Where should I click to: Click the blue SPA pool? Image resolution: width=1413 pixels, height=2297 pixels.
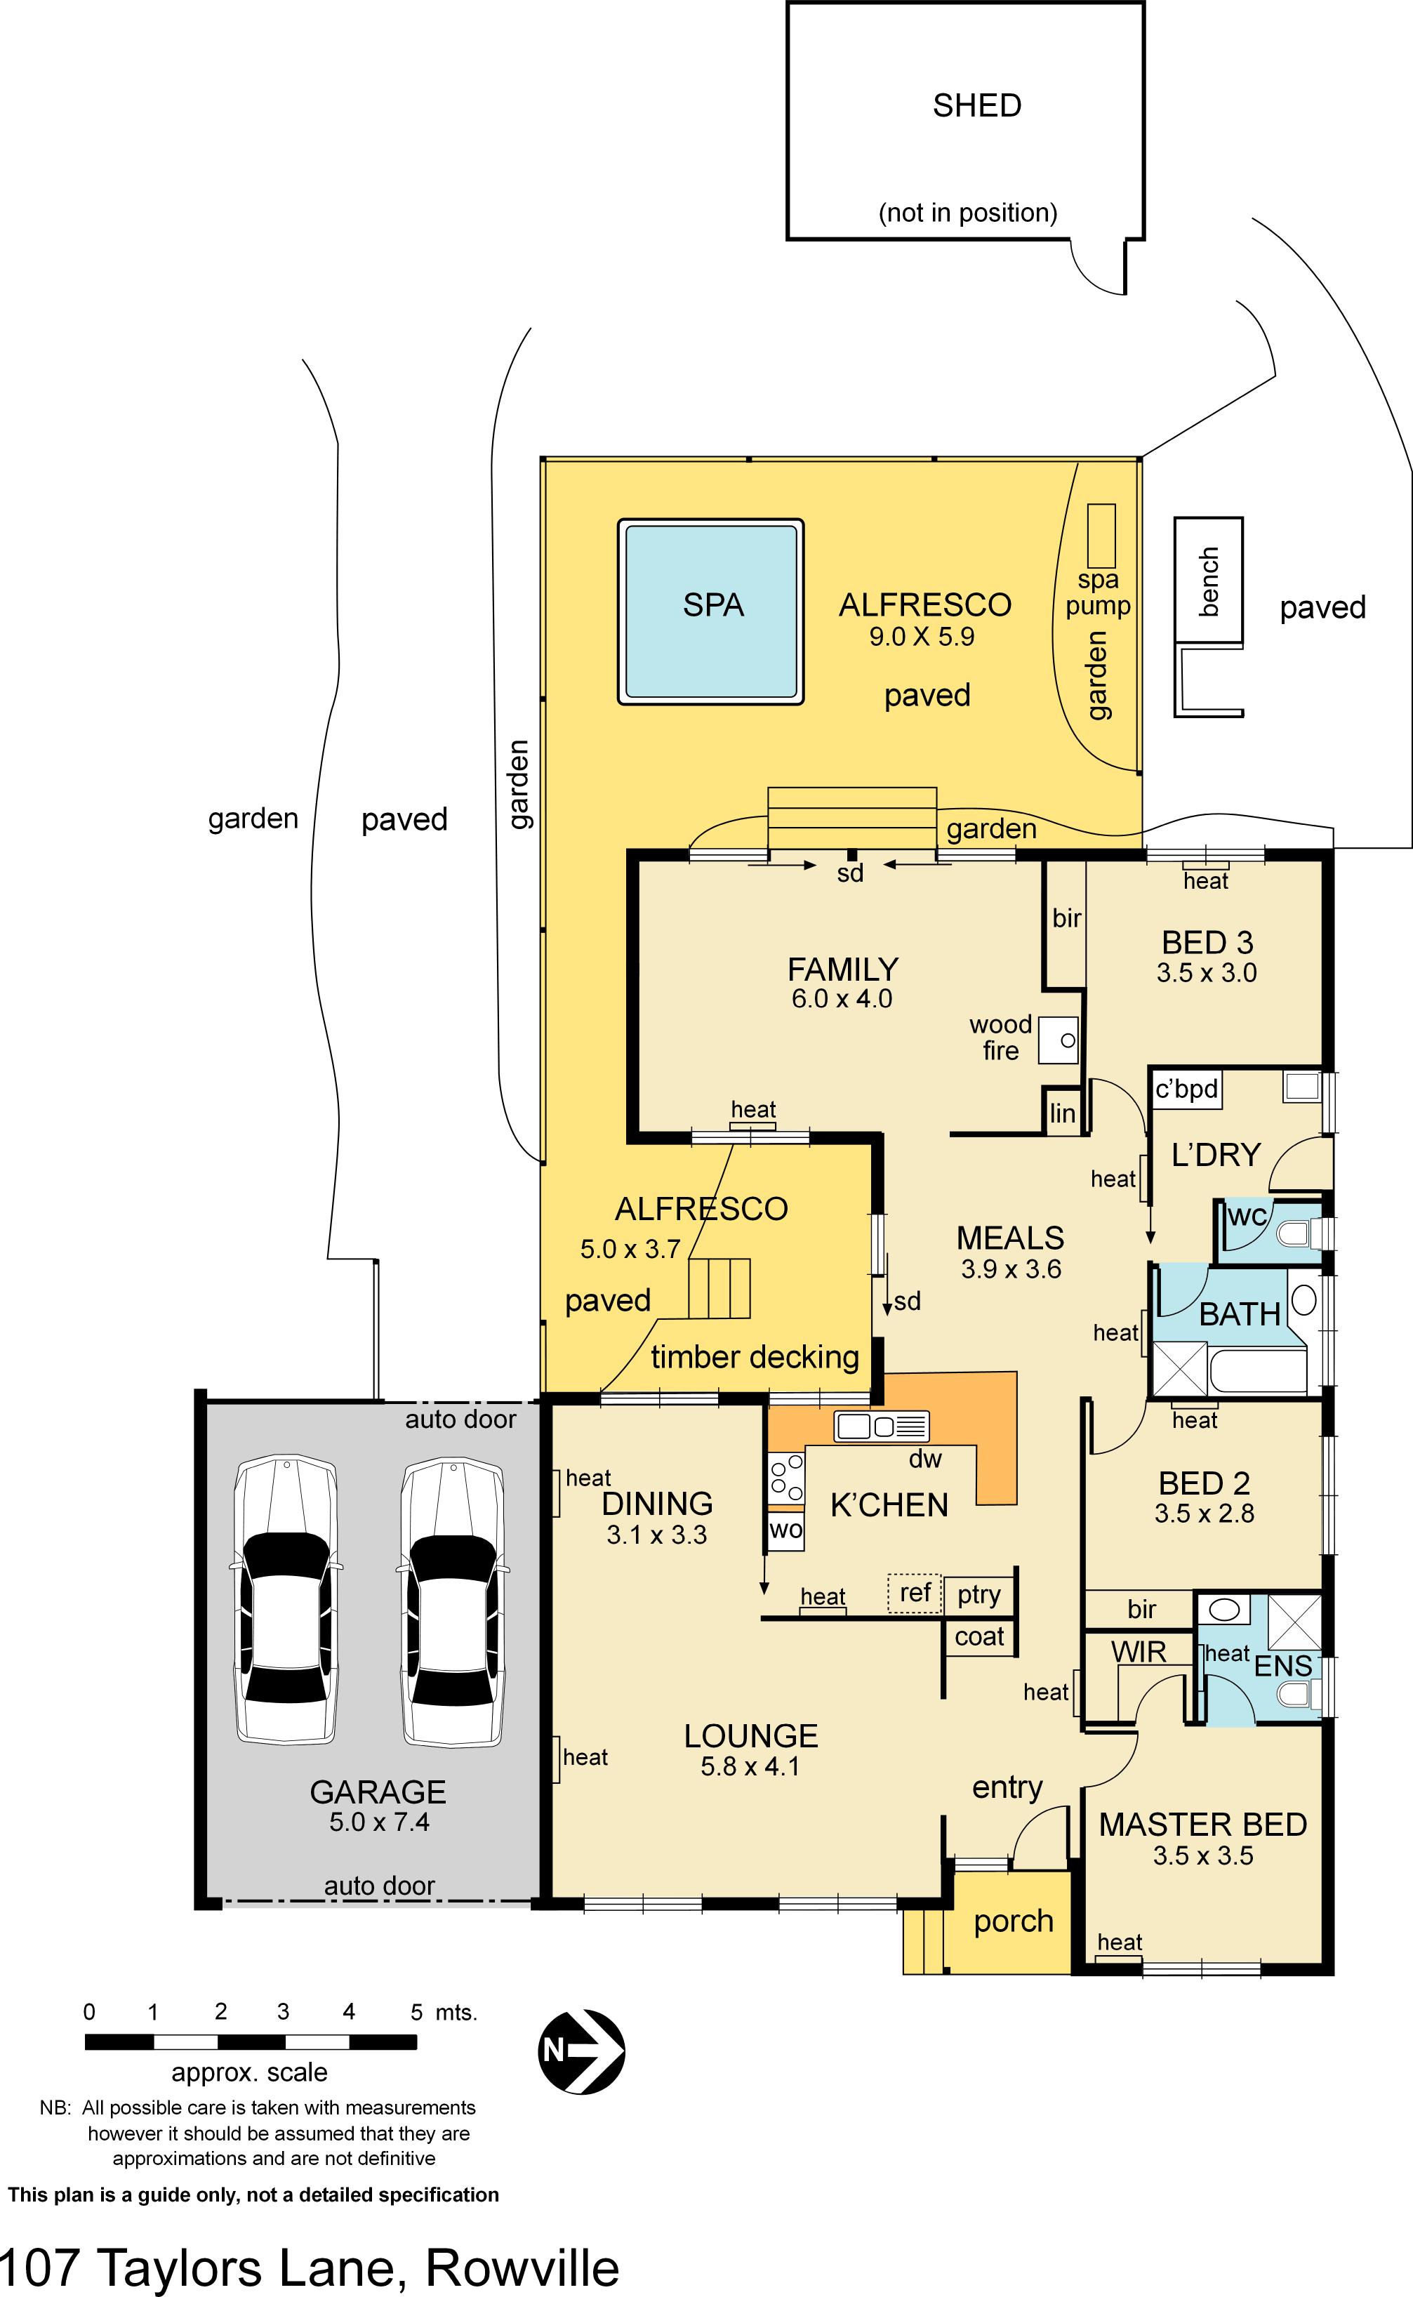(x=711, y=612)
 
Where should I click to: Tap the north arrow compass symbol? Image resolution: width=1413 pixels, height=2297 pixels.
(x=581, y=2051)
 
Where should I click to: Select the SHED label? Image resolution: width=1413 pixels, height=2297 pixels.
(x=976, y=105)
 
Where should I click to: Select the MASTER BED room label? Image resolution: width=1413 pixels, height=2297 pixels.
(x=1202, y=1824)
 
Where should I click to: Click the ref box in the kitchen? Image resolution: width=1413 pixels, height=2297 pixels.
(x=915, y=1592)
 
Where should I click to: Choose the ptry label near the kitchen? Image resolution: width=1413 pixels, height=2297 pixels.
(x=979, y=1594)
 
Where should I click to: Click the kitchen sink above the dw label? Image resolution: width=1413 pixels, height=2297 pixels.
(x=881, y=1426)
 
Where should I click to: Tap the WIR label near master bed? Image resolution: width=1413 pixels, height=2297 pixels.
(x=1139, y=1651)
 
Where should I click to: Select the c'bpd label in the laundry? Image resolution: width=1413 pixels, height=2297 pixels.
(x=1186, y=1090)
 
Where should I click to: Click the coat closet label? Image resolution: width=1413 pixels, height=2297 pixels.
(x=979, y=1636)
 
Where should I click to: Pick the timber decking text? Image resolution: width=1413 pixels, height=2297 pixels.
(x=754, y=1357)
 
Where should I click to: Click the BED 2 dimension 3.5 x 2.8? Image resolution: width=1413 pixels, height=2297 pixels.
(x=1204, y=1513)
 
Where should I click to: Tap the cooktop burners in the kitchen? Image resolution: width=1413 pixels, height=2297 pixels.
(x=785, y=1479)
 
